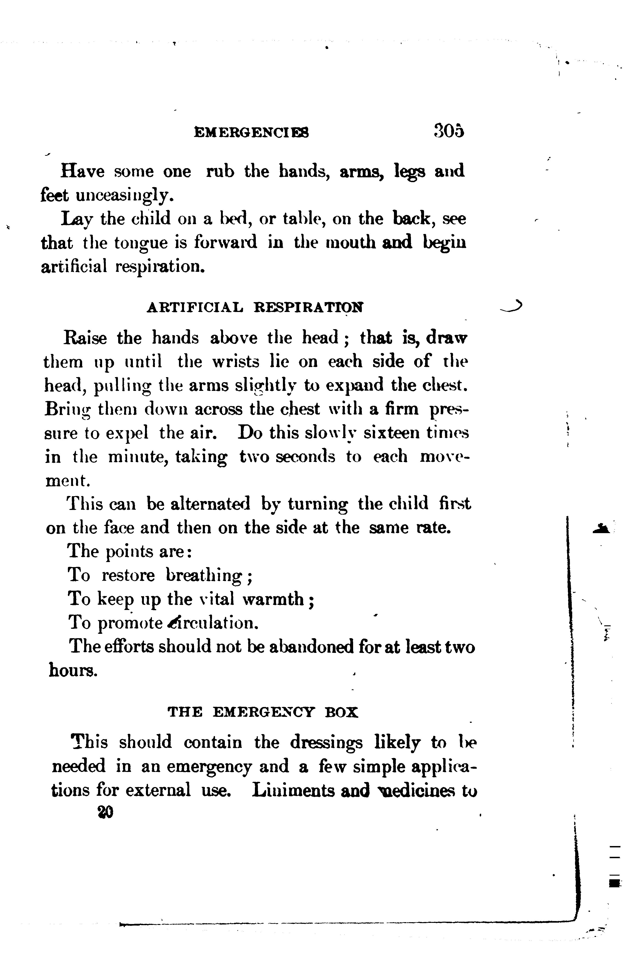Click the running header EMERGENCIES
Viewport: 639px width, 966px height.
click(251, 133)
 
